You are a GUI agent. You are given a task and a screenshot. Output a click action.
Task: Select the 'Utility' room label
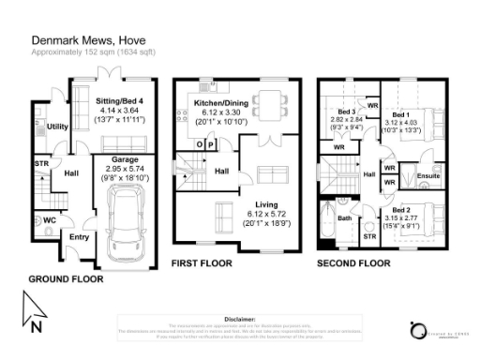click(x=57, y=126)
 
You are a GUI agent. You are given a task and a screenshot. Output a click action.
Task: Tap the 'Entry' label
click(x=78, y=237)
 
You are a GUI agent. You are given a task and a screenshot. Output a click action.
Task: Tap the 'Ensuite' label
click(x=428, y=175)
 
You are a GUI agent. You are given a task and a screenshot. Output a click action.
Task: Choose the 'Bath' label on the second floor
click(x=344, y=218)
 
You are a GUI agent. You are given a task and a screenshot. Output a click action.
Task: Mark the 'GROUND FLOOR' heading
click(x=66, y=280)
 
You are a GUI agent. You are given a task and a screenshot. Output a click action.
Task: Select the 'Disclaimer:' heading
click(x=240, y=319)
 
